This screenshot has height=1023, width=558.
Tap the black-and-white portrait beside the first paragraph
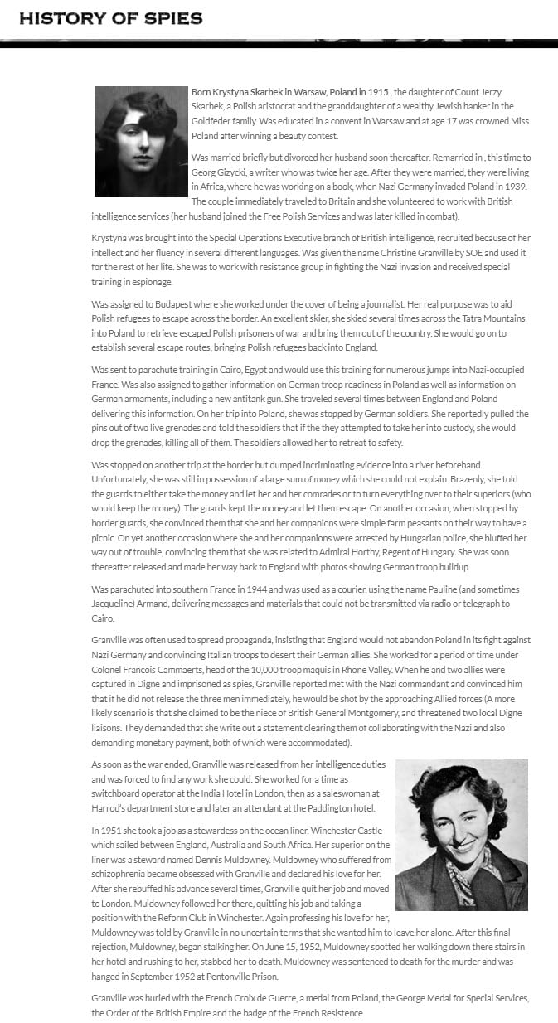pos(141,141)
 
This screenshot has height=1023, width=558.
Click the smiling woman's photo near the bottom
pos(461,834)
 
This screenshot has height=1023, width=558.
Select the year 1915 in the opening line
pos(376,91)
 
